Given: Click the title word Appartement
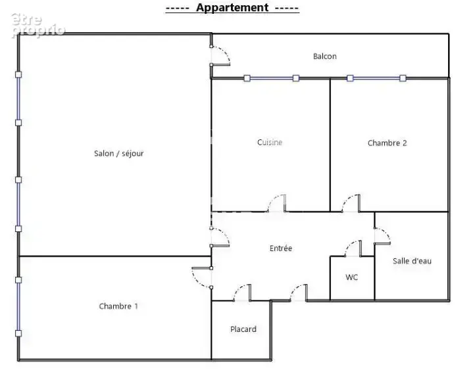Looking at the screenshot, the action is point(232,8).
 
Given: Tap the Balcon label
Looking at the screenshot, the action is point(325,57).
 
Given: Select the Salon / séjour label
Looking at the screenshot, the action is point(118,153).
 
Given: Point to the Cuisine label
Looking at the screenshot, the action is point(270,142).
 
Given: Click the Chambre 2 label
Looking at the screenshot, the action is point(387,143).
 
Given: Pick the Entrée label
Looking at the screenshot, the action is point(281,248).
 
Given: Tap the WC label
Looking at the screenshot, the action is point(352,277).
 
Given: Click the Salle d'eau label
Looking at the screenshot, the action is point(412,261).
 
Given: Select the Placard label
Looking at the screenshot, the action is point(243,329).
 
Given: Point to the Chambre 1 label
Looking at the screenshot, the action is point(118,306).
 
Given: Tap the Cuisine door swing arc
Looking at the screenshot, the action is point(272,199).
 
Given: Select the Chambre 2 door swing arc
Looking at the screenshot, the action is point(347,199).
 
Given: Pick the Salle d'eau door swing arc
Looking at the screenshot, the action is point(386,232).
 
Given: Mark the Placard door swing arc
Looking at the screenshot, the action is point(238,289).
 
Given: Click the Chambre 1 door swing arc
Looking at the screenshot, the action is point(196,281).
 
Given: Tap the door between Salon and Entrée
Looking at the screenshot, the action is point(225,233).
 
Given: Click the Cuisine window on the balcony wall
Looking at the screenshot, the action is point(272,78).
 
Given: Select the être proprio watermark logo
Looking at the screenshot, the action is point(38,26).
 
